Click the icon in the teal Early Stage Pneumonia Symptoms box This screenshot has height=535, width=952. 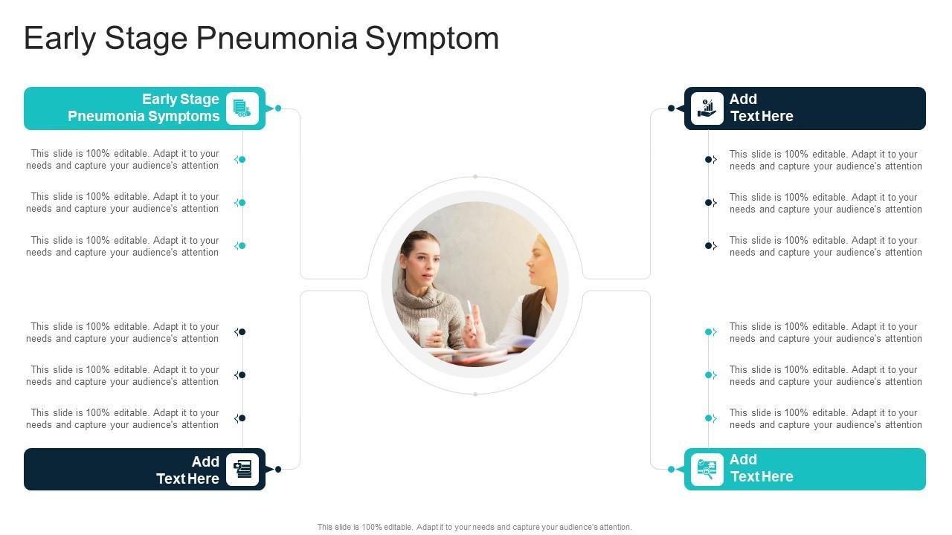click(242, 108)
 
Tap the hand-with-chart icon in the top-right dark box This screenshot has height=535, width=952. click(707, 108)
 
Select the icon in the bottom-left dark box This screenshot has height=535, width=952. click(242, 469)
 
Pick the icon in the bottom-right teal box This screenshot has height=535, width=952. click(707, 469)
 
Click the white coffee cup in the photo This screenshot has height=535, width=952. click(428, 331)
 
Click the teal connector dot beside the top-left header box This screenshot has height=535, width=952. click(278, 108)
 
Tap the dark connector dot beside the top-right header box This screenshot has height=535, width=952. click(671, 108)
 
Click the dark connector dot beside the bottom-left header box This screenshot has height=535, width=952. click(278, 469)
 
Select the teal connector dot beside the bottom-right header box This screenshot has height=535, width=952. click(671, 469)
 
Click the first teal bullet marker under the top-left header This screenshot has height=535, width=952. click(242, 160)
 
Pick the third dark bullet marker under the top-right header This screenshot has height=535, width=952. click(709, 246)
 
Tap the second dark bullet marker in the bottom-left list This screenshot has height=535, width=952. click(242, 375)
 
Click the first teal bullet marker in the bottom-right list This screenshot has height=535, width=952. click(709, 332)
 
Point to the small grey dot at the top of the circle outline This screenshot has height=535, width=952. click(475, 177)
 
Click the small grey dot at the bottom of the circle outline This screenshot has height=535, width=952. click(475, 394)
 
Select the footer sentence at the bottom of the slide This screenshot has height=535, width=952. click(475, 527)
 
